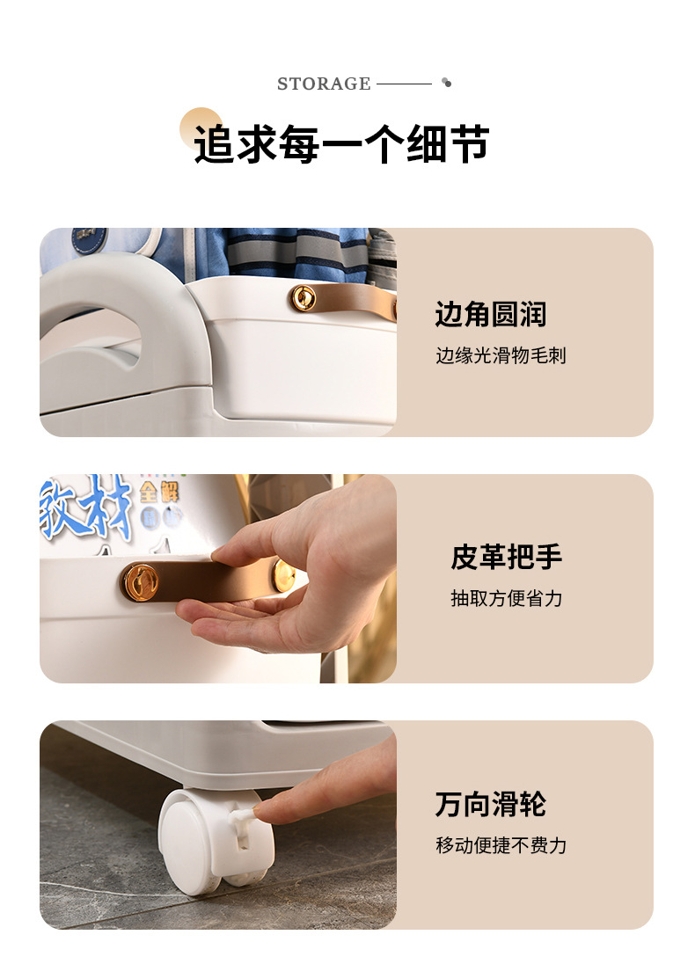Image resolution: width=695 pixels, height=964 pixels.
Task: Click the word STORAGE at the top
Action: point(324,84)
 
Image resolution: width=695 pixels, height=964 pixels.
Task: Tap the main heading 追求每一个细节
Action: point(342,144)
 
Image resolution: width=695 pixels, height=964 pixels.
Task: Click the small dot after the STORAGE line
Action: point(447,83)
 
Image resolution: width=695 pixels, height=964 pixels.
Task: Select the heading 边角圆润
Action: point(490,314)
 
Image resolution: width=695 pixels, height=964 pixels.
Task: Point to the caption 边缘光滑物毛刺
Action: point(501,355)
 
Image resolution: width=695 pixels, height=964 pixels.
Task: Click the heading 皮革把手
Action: point(506,557)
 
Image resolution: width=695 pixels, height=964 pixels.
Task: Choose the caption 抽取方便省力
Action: point(506,598)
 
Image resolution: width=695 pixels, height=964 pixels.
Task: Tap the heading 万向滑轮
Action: point(490,804)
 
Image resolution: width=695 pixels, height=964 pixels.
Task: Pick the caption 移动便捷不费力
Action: point(501,845)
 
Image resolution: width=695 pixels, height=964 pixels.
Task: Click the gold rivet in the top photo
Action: point(304,298)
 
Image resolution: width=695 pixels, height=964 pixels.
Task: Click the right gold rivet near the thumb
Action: point(283,575)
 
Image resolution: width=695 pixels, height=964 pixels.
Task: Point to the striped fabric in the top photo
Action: point(296,253)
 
